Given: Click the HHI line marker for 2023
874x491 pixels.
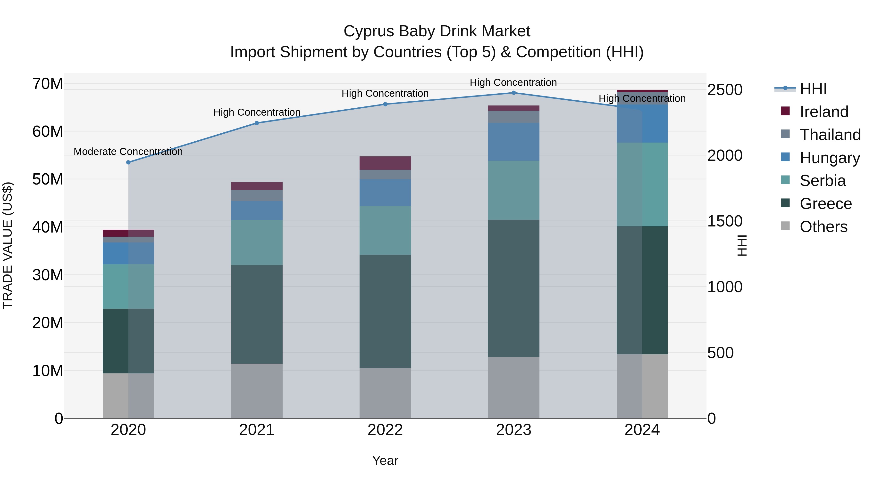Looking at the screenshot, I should coord(513,93).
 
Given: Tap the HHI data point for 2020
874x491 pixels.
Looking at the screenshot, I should coord(128,162).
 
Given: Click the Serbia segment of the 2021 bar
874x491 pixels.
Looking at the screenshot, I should coord(257,243).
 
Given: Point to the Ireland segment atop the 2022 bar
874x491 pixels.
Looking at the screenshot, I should coord(385,163).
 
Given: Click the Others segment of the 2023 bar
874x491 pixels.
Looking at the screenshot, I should coord(513,387).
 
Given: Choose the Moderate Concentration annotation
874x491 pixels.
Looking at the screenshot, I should coord(128,152).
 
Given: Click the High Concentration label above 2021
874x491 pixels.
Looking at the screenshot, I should coord(257,112).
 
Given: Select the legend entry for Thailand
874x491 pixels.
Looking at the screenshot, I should coord(830,135).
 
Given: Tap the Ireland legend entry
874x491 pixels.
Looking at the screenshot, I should coord(824,112).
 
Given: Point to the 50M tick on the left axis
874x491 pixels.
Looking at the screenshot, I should coord(48,179).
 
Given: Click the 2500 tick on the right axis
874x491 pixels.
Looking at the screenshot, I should coord(725,90).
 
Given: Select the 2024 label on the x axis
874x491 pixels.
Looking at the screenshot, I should coord(642,430).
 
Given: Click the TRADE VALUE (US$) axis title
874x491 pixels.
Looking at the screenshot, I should coord(8,245).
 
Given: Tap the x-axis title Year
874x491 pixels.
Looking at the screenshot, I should coord(385,460).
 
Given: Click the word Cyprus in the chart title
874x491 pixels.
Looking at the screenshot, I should coord(369,31).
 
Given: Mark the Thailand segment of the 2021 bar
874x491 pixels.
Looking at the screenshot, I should coord(257,195).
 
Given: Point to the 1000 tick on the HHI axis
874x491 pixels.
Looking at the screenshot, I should coord(725,287).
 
